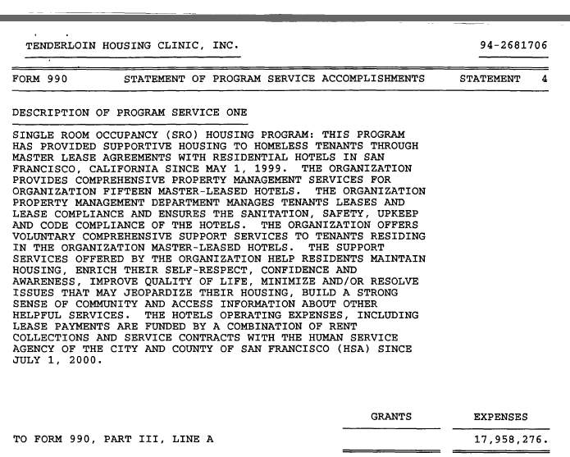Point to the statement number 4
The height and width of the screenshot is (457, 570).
coord(545,80)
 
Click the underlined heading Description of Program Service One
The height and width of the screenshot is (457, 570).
coord(130,112)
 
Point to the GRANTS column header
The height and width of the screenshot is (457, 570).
coord(391,417)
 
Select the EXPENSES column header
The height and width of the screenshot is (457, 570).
coord(501,417)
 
